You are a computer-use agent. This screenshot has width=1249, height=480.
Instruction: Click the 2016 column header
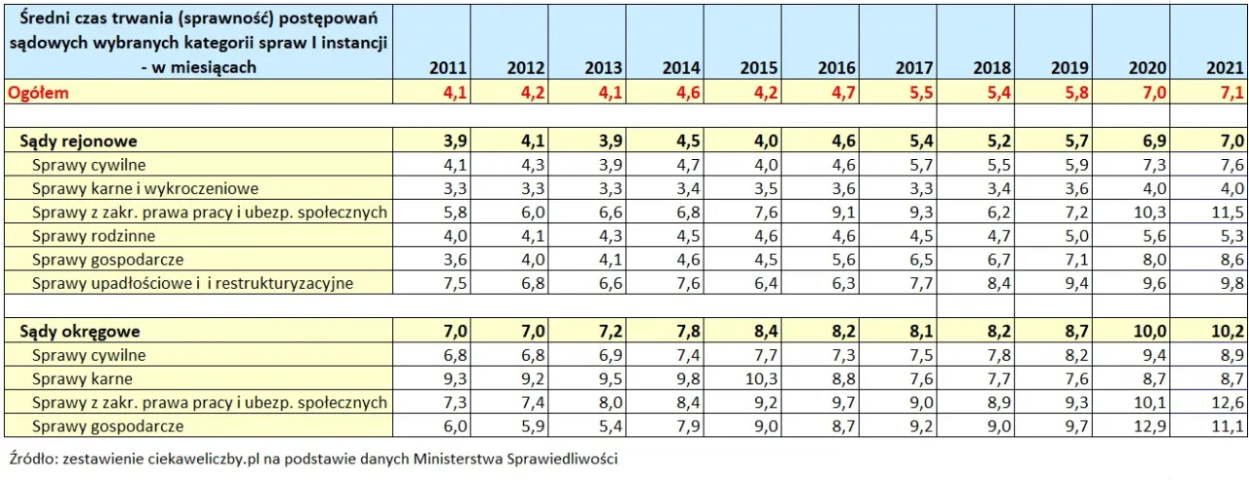coord(836,68)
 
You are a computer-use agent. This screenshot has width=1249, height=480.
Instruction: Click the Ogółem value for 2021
coord(1229,93)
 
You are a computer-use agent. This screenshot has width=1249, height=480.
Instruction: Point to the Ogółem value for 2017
coord(914,93)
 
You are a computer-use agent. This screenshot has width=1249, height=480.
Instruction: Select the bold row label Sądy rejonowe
coord(78,140)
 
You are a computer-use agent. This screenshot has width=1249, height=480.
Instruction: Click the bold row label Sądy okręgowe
coord(80,332)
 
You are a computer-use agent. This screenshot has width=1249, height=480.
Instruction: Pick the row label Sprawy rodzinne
coord(94,235)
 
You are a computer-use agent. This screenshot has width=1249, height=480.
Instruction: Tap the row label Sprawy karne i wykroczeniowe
coord(144,188)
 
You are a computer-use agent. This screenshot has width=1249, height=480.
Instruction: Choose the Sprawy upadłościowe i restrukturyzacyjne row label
coord(192,283)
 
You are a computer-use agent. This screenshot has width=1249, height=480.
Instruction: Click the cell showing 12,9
coord(1150,426)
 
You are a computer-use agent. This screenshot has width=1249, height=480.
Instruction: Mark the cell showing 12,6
coord(1229,403)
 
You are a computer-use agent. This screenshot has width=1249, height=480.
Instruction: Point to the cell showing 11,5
coord(1229,212)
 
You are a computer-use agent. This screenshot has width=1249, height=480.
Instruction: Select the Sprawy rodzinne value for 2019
coord(1071,235)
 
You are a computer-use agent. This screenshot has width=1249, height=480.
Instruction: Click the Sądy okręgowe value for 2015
coord(758,332)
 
